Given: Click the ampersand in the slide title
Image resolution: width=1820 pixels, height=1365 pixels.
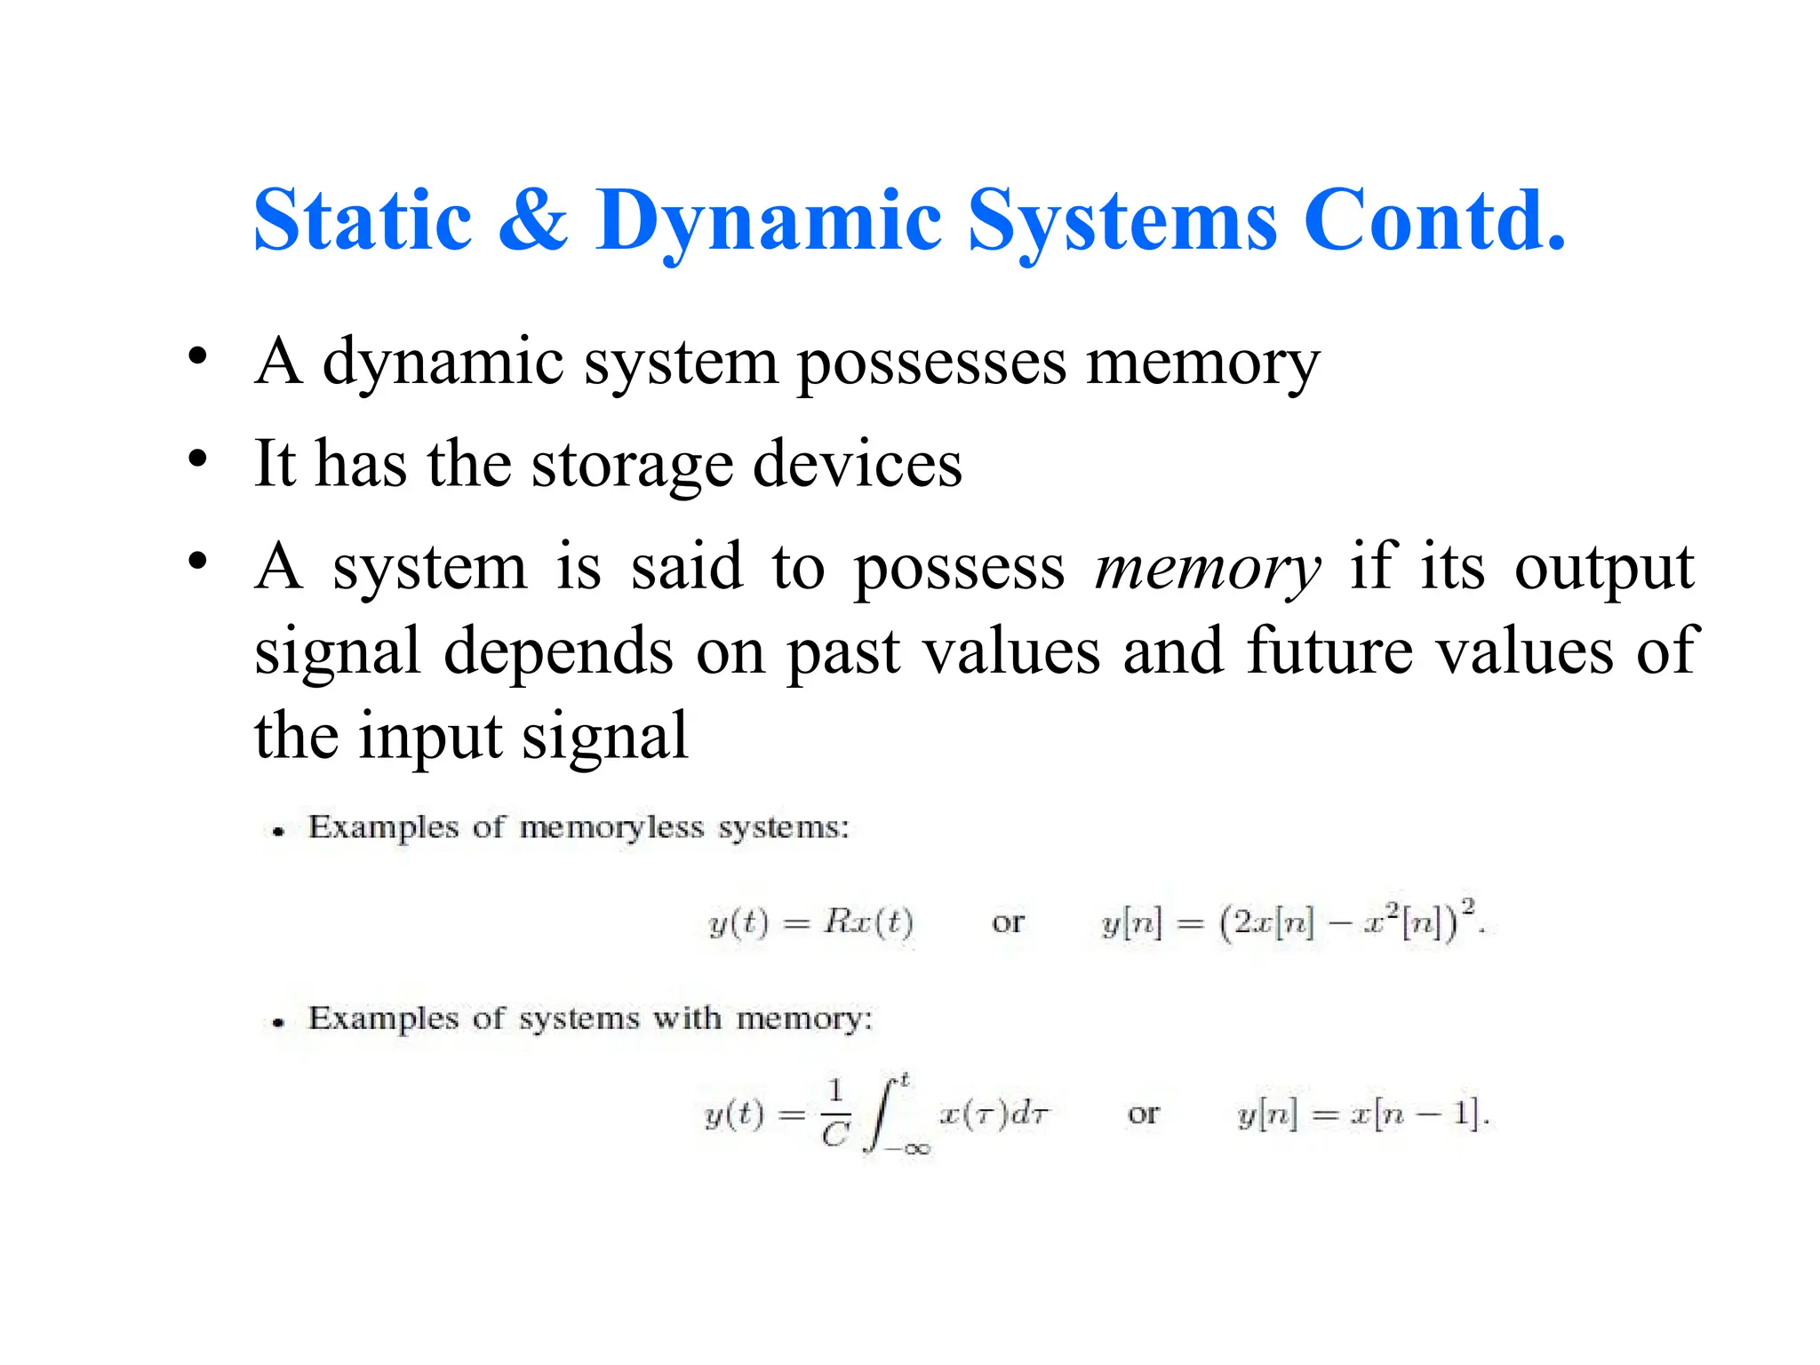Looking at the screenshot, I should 532,220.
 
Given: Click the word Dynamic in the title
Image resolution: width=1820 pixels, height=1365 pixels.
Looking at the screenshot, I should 768,222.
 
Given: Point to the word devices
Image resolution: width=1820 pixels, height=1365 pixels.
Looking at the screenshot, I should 857,465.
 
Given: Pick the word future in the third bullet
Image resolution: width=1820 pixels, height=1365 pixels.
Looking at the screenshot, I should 1329,651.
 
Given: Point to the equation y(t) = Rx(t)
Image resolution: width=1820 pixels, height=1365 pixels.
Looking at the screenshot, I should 810,922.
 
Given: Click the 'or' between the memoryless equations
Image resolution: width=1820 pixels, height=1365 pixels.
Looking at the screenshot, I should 1008,922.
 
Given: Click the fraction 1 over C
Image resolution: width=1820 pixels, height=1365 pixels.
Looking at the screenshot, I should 834,1114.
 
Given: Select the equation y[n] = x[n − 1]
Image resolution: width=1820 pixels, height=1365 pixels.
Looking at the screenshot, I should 1362,1114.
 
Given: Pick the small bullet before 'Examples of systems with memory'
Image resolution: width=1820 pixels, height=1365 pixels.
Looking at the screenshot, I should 279,1023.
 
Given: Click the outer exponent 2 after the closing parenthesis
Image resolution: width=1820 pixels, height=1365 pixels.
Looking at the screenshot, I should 1468,906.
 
